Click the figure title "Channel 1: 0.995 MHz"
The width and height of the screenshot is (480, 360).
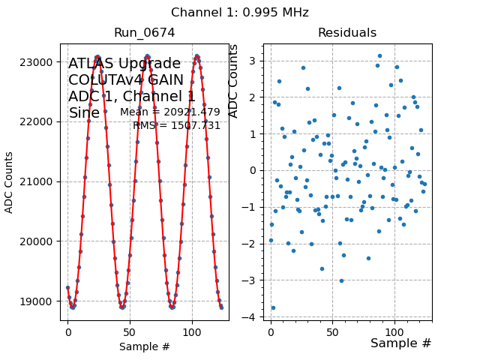click(x=239, y=13)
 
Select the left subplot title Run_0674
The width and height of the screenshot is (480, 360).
click(x=144, y=33)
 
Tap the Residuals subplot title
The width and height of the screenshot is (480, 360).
click(x=346, y=33)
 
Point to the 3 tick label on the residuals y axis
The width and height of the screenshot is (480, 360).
click(x=255, y=60)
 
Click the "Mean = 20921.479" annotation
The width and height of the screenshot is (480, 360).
click(x=170, y=112)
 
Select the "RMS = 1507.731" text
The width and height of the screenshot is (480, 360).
click(x=177, y=126)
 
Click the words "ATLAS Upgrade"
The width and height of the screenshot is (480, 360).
click(x=124, y=64)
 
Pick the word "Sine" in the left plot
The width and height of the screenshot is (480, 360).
click(x=84, y=113)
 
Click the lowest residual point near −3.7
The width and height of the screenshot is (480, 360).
click(x=273, y=307)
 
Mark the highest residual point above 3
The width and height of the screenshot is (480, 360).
click(x=379, y=55)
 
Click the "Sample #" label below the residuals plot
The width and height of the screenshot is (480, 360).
click(x=400, y=343)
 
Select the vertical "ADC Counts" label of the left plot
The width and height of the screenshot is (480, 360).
click(x=10, y=182)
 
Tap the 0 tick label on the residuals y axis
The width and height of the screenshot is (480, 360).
click(x=255, y=170)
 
